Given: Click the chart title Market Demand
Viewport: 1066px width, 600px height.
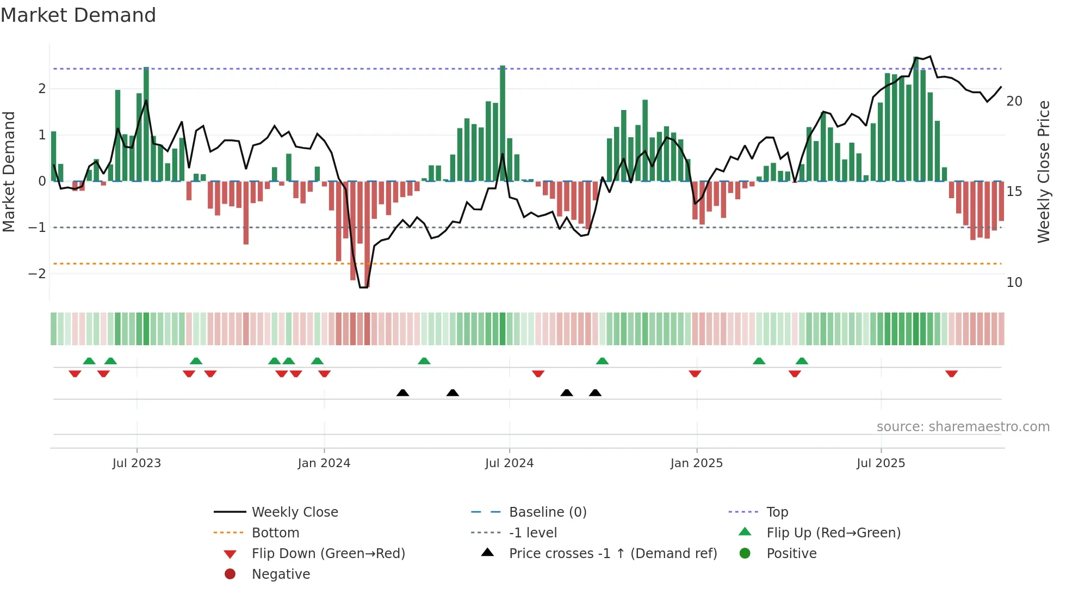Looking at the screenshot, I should point(78,15).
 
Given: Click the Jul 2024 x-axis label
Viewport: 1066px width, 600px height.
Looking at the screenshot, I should point(509,463).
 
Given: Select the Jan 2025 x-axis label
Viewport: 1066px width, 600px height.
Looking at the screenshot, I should point(696,463).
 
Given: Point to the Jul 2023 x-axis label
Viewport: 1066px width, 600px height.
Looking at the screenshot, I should point(137,463).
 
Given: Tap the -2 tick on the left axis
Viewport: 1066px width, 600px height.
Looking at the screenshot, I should point(37,274).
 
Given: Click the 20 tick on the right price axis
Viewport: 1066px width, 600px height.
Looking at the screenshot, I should point(1014,101).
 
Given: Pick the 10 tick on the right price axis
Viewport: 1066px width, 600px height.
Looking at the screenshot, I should point(1014,283).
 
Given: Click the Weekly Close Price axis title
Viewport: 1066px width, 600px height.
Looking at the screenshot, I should point(1043,172).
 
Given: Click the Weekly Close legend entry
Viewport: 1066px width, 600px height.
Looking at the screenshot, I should point(294,512).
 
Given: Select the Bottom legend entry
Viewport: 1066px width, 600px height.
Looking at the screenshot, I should point(275,533).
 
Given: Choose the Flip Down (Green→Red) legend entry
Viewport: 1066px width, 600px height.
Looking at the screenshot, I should point(328,554).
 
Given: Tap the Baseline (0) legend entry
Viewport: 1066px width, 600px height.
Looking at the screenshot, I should point(547,512).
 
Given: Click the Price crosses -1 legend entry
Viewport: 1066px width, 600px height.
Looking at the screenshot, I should point(612,554).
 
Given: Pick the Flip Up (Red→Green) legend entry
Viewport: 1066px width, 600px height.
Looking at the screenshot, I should point(833,533).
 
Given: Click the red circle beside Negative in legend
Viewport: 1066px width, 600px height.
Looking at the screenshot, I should point(230,574).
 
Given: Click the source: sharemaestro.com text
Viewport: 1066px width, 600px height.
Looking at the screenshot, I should point(963,427).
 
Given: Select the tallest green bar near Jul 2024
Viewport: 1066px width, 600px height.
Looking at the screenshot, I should point(503,123).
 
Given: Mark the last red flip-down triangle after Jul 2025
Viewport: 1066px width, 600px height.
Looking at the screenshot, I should point(951,374).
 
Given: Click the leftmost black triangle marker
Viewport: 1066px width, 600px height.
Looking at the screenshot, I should point(402,393).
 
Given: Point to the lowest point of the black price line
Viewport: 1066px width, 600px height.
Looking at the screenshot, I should point(363,287).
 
